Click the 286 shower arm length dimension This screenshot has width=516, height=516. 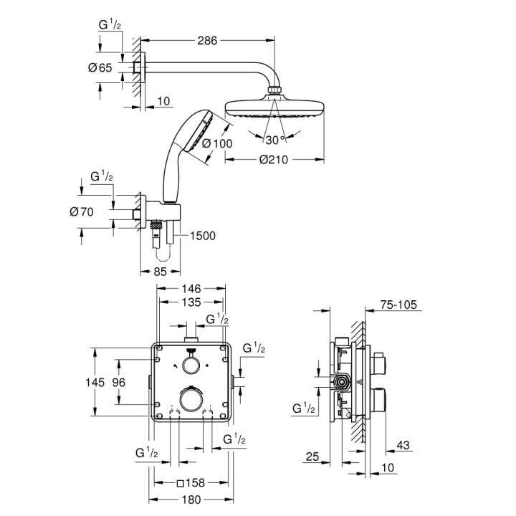click(207, 41)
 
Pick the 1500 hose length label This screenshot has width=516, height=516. click(202, 234)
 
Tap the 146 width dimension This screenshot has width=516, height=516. click(190, 287)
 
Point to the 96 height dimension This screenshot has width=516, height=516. click(119, 383)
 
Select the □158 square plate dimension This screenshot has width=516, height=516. click(190, 483)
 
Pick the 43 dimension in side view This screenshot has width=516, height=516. click(404, 446)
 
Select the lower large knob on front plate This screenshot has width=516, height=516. click(190, 399)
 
